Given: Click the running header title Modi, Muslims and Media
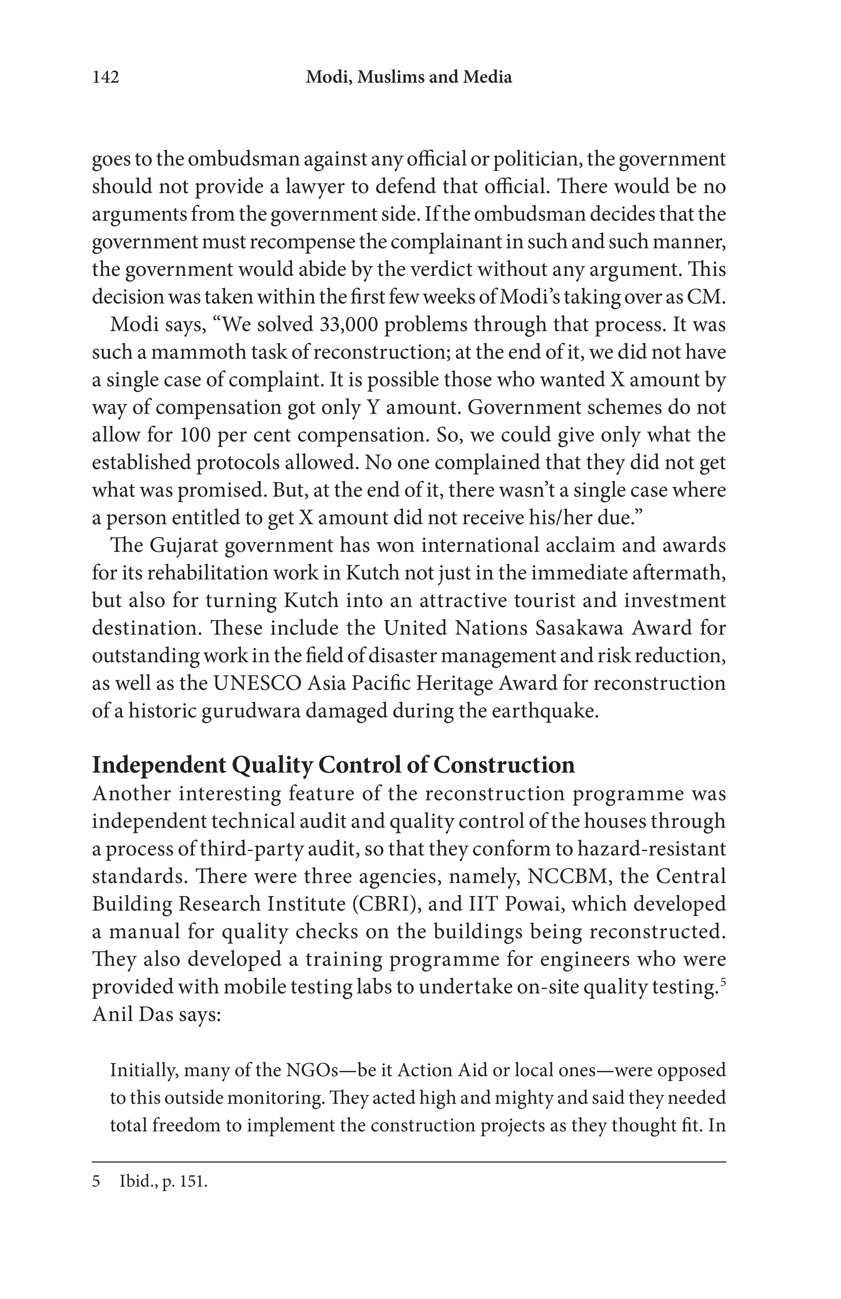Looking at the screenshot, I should pyautogui.click(x=409, y=78).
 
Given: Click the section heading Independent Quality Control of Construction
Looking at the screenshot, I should pyautogui.click(x=333, y=765).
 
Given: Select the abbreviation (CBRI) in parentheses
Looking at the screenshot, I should pyautogui.click(x=385, y=904).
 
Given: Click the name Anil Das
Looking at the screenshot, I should pyautogui.click(x=130, y=1014).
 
